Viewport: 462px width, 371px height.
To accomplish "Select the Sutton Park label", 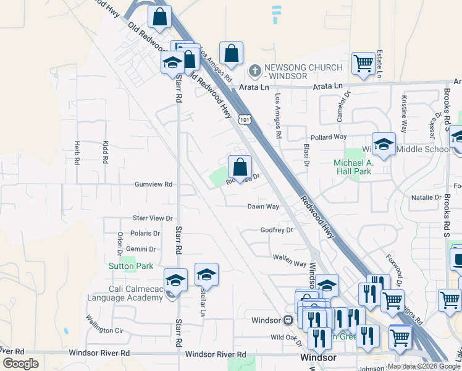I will coord(131,266).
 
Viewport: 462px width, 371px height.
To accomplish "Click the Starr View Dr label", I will coord(153,218).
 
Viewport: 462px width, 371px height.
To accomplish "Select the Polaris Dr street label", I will coord(145,234).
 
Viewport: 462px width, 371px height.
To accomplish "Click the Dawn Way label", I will coord(264,207).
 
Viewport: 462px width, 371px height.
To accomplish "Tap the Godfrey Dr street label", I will coord(275,230).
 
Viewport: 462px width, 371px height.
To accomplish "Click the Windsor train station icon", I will coord(288,320).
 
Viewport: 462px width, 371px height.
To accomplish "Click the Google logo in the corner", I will coord(20,363).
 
